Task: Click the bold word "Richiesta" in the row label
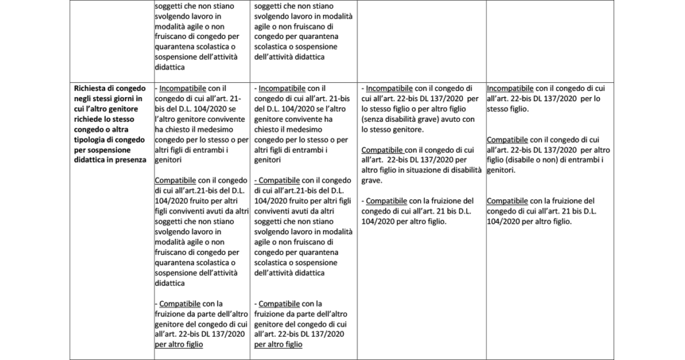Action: pyautogui.click(x=92, y=88)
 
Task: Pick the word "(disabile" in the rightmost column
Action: pyautogui.click(x=520, y=160)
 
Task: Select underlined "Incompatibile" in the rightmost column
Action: pyautogui.click(x=510, y=88)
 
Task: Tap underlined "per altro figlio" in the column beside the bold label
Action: pyautogui.click(x=179, y=344)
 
